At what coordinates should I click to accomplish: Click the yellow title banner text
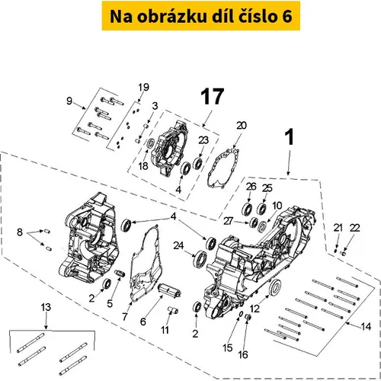coord(201,16)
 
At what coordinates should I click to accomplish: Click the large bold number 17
coord(213,97)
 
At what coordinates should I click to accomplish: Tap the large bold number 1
coord(290,137)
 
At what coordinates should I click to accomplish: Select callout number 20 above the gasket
coord(242,125)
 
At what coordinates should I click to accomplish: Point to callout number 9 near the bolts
coord(69,101)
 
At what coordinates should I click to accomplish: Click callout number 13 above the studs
coord(46,307)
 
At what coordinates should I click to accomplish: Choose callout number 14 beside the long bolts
coord(366,326)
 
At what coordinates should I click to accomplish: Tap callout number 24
coord(178,245)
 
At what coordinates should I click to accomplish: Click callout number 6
coord(143,322)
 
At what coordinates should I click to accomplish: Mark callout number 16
coord(243,354)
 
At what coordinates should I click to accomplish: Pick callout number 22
coord(354,228)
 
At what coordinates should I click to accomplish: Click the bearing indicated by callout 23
coord(197,163)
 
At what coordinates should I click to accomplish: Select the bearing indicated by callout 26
coord(247,209)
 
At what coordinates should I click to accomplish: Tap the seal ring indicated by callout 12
coord(275,287)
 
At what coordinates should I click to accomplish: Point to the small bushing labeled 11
coord(173,310)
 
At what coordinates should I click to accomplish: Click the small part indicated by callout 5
coord(120,274)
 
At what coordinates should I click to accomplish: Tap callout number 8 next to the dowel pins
coord(20,232)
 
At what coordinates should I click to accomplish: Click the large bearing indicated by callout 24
coord(201,259)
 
